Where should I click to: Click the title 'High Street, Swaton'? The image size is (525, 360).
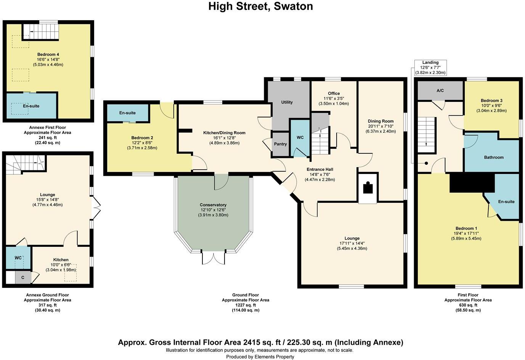[260, 6]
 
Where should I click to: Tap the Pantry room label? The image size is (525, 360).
[280, 144]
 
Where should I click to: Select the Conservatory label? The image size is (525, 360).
[213, 205]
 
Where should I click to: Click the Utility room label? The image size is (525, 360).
[287, 102]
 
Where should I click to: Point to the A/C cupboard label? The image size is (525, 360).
[440, 91]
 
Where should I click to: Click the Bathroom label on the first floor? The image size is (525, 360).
[494, 157]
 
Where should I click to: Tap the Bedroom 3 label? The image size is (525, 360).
[491, 101]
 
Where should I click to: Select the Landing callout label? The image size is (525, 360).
[430, 63]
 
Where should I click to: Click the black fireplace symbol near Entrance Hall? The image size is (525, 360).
[368, 188]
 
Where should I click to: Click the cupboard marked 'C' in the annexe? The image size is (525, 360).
[23, 278]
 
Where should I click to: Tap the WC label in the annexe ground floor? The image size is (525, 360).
[18, 258]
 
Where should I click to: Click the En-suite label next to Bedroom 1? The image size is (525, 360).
[506, 202]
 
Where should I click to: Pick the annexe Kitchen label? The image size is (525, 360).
[61, 260]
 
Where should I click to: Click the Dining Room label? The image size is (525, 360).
[381, 121]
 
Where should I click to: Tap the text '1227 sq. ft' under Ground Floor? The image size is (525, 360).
[246, 305]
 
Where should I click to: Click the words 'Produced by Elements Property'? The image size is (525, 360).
[260, 357]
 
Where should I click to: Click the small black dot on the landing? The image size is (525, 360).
[426, 164]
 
